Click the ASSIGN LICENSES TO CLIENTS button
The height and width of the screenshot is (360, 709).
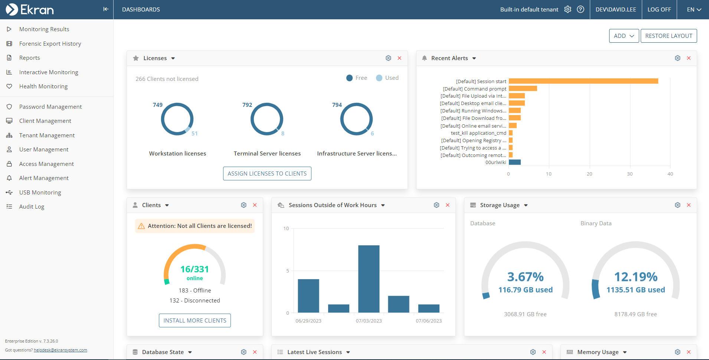coord(267,174)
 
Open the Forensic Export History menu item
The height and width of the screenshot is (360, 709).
coord(50,44)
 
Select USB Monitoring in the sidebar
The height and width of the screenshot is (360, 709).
coord(40,193)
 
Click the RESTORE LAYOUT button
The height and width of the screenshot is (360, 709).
coord(669,36)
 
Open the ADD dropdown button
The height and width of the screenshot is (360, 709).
coord(624,36)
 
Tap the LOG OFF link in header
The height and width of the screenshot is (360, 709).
coord(659,10)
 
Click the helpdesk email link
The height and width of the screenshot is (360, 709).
coord(61,350)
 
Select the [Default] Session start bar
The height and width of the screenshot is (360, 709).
coord(583,81)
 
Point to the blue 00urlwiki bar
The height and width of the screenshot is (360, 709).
coord(514,162)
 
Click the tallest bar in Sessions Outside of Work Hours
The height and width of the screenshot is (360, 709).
coord(369,278)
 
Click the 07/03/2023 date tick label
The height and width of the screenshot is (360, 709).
coord(369,321)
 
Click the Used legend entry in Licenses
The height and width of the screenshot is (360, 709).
coord(387,78)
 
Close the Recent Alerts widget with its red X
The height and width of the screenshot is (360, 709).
coord(689,58)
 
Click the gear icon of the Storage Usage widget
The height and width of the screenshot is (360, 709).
coord(677,205)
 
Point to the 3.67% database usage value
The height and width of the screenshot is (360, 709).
coord(525,277)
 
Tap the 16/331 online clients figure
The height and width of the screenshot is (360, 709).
coord(195,269)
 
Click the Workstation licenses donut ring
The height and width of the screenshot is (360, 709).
coord(162,119)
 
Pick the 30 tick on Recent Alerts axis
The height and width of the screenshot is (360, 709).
coord(630,174)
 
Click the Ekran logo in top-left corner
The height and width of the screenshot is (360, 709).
coord(30,10)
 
